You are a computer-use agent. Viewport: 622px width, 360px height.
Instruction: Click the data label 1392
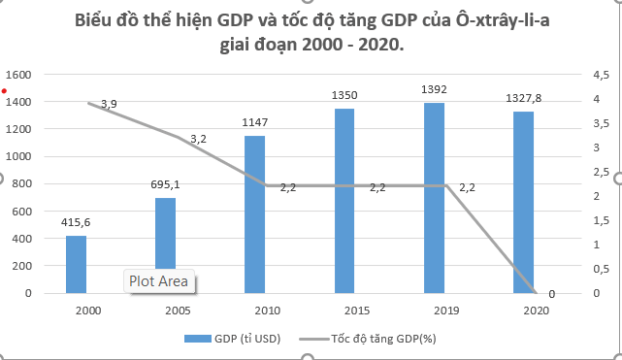pos(434,89)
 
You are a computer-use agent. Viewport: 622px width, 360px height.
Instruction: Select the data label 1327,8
pos(524,98)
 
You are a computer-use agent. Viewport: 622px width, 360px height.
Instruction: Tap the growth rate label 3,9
pos(109,104)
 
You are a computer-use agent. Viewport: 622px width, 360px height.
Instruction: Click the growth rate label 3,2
pos(199,139)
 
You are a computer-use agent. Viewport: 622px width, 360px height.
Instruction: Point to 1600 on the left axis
pos(19,75)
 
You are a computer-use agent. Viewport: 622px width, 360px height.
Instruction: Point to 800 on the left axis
pos(22,183)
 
